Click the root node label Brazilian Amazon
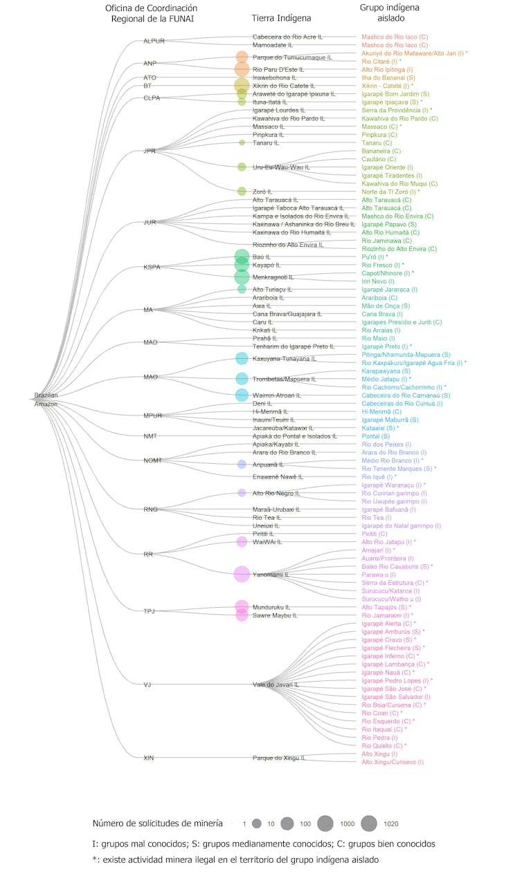46,399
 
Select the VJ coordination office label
147,684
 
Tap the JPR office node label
149,151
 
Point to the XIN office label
148,758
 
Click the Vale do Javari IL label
276,684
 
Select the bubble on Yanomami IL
242,574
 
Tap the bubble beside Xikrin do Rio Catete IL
242,86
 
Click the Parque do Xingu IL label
278,758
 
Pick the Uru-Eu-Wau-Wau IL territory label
281,167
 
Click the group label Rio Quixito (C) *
384,745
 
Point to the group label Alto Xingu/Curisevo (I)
392,762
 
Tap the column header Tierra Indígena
281,18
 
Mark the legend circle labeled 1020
368,823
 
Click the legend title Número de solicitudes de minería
157,823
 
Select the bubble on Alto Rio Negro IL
242,493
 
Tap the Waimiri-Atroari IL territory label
277,395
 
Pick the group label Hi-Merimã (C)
381,411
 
